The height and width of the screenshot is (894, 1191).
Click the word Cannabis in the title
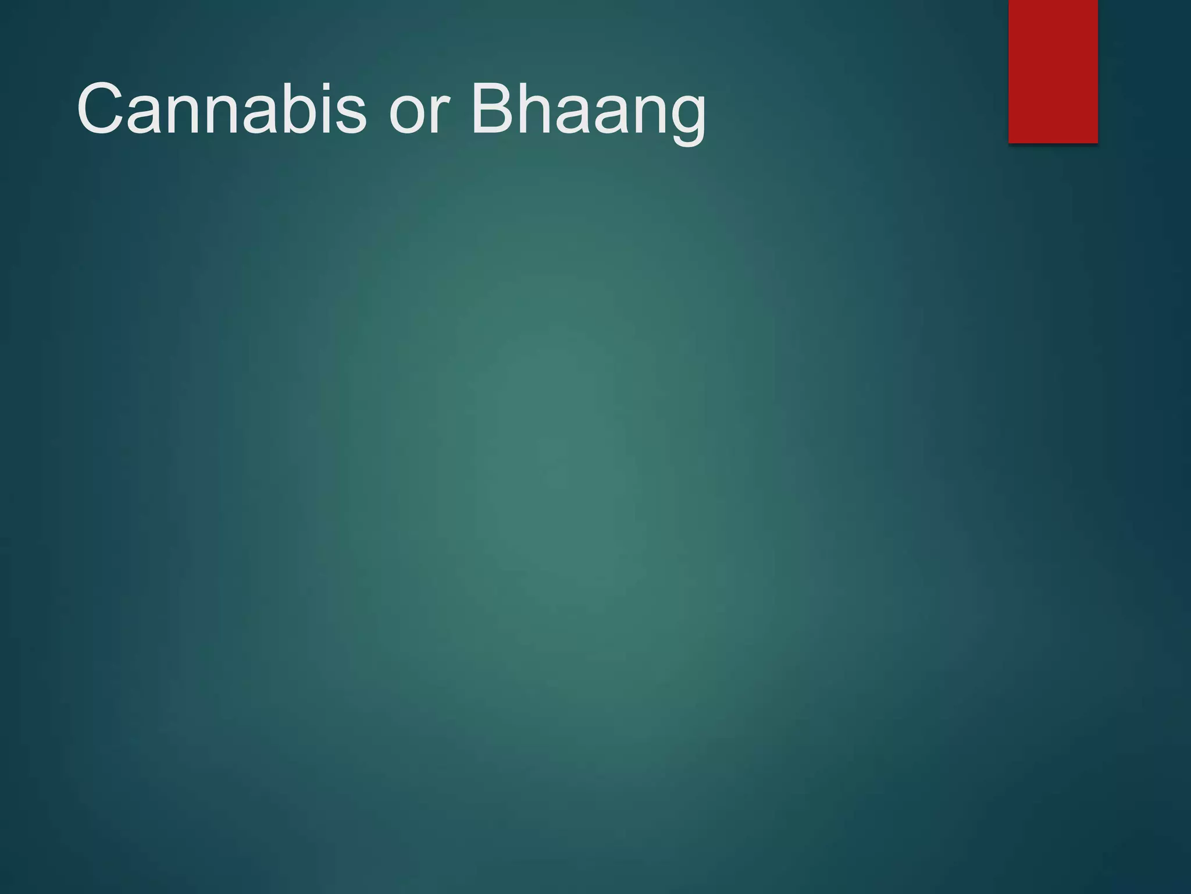point(222,109)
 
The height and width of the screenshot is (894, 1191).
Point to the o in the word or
point(408,116)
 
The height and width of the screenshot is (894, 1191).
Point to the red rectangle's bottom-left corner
point(1009,142)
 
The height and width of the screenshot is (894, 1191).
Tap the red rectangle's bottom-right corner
point(1097,142)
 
